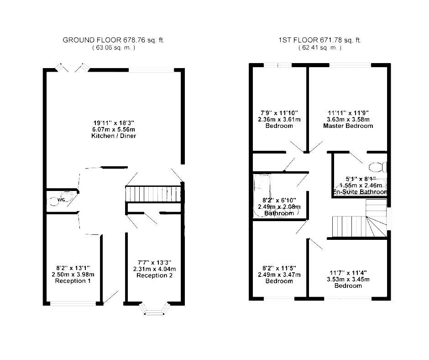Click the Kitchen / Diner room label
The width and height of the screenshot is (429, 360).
[x=114, y=136]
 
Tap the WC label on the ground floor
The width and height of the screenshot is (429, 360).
[x=61, y=200]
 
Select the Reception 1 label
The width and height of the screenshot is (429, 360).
[x=73, y=281]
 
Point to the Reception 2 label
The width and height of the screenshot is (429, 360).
[x=155, y=275]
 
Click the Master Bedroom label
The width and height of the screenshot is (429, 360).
[x=348, y=126]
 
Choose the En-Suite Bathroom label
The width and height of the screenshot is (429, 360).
[x=360, y=192]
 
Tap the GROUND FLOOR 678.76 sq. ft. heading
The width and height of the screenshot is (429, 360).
[x=114, y=40]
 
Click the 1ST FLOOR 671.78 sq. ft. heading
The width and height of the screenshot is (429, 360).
[x=320, y=40]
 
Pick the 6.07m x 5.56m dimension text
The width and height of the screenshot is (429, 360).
[x=114, y=129]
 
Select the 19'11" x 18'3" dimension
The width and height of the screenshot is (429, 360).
[x=114, y=122]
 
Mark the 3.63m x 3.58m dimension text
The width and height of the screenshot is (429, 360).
[x=348, y=119]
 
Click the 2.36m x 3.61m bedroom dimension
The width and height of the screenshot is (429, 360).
[x=279, y=119]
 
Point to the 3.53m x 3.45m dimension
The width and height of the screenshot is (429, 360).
[x=348, y=280]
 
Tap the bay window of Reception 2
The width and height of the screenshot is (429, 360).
[x=155, y=309]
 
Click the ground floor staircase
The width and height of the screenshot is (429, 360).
[x=153, y=194]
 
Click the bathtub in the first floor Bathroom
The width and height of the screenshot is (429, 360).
[x=262, y=195]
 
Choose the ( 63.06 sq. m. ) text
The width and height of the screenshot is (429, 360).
[x=114, y=48]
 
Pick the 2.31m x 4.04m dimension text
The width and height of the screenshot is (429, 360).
[x=155, y=269]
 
